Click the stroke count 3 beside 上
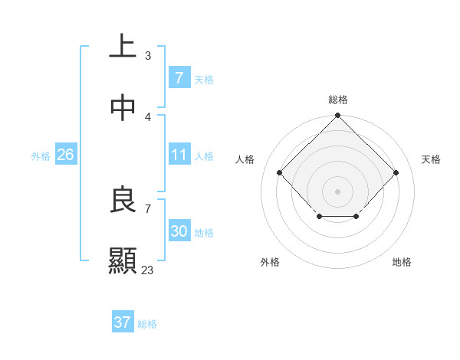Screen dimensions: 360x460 (x=148, y=56)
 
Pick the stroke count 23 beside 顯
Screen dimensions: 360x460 (x=148, y=270)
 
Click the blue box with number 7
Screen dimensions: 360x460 (x=179, y=78)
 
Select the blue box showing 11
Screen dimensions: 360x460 (x=179, y=155)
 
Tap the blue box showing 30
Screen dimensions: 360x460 (x=179, y=231)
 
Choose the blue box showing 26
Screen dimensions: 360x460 (x=65, y=155)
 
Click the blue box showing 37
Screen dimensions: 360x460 (x=122, y=322)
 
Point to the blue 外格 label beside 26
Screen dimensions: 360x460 (x=41, y=155)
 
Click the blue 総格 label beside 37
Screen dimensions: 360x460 (x=147, y=324)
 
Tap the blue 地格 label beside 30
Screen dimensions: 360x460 (x=205, y=232)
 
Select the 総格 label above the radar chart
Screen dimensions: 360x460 (x=338, y=100)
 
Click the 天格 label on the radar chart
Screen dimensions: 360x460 (x=431, y=159)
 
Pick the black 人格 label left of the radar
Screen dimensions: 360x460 (x=245, y=159)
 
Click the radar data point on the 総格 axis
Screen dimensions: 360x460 (x=337, y=117)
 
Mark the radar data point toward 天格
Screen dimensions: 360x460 (x=396, y=172)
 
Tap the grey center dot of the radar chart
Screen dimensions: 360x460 (x=337, y=191)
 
